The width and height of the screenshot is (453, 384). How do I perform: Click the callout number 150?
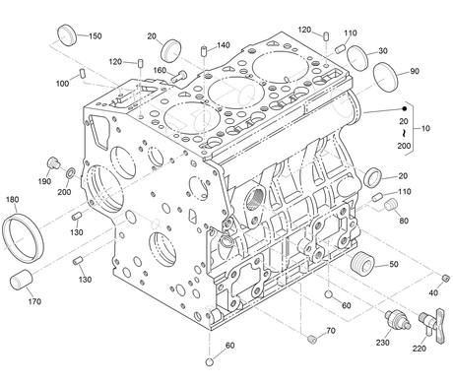coord(96,36)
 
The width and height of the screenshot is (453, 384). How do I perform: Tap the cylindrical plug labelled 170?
coord(21,280)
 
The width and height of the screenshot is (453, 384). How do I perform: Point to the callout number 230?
coord(383,343)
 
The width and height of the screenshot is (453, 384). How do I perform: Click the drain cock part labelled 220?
coord(431,325)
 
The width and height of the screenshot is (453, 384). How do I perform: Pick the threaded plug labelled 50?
coord(362,263)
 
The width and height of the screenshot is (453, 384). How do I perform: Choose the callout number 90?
coord(415,71)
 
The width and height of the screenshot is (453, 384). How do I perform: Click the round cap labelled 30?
coord(357,58)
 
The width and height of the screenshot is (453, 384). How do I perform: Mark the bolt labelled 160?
coord(178,77)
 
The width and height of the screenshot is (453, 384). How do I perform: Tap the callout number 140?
coord(224,45)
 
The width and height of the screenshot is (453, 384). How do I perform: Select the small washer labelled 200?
coord(70,172)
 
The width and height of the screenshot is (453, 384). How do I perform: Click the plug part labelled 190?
coord(54,163)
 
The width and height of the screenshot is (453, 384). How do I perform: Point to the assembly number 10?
coord(425,128)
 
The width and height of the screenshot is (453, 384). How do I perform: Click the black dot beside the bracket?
coord(405,108)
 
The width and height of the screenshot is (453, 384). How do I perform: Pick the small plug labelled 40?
coord(445,278)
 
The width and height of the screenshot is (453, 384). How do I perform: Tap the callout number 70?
coord(331,331)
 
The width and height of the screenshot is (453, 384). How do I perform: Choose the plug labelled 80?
coord(390,205)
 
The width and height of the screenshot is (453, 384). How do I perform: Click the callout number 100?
coord(62,84)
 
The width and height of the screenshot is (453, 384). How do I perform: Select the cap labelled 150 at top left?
coord(67,34)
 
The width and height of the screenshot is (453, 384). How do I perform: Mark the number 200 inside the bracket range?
coord(404,146)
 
